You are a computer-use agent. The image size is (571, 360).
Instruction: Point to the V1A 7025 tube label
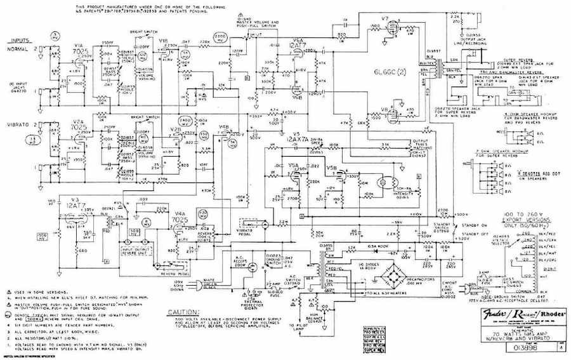click(80, 49)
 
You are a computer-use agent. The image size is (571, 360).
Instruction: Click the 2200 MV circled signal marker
click(220, 39)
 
